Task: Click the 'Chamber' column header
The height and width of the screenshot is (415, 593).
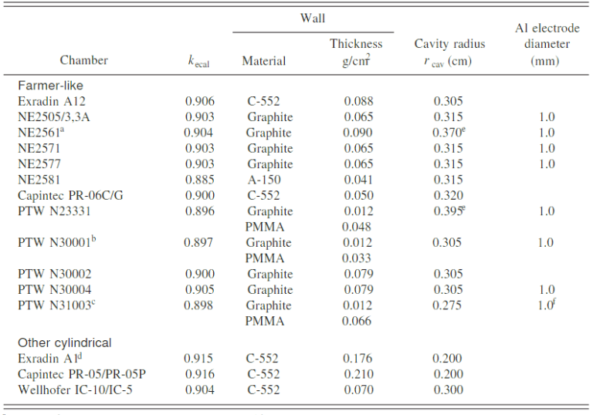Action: pyautogui.click(x=83, y=60)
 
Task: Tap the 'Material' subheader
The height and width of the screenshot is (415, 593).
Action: pyautogui.click(x=263, y=60)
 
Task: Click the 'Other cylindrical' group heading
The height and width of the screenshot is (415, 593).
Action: pyautogui.click(x=65, y=342)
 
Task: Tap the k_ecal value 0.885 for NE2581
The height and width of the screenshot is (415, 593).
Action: pyautogui.click(x=199, y=180)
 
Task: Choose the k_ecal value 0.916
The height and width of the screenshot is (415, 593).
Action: pyautogui.click(x=199, y=374)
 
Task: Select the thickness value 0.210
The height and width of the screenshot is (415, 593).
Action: pyautogui.click(x=357, y=374)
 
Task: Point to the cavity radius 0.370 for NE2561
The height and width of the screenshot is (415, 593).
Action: pyautogui.click(x=450, y=133)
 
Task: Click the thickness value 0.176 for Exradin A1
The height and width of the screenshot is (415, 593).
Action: pyautogui.click(x=357, y=358)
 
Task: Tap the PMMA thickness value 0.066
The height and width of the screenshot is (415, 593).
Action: pyautogui.click(x=357, y=321)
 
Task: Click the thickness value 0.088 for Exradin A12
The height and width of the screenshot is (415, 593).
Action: pyautogui.click(x=357, y=101)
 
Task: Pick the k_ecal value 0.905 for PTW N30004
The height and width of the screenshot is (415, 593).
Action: pyautogui.click(x=199, y=290)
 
